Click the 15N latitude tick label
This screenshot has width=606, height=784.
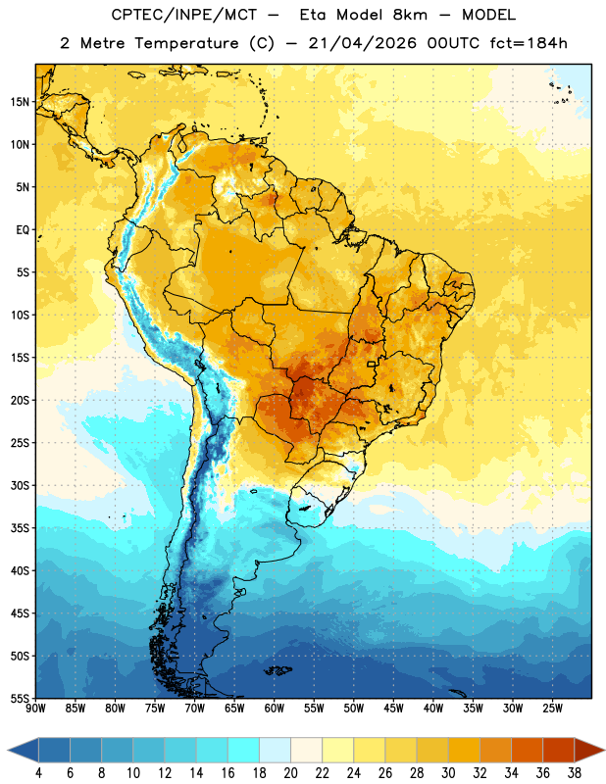click(20, 102)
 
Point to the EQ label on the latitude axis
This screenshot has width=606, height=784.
click(23, 230)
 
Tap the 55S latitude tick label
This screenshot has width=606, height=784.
click(20, 698)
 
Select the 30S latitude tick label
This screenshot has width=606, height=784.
click(20, 485)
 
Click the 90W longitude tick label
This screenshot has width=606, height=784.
click(35, 709)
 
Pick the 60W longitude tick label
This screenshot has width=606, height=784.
click(275, 709)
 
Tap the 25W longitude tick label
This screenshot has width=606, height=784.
click(553, 709)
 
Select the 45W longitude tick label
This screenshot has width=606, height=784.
click(394, 709)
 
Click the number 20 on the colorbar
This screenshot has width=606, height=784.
click(290, 773)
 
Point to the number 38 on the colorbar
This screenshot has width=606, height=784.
click(575, 773)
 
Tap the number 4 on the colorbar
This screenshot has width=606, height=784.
click(38, 773)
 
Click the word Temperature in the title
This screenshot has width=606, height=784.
click(186, 43)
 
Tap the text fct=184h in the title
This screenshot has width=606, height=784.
click(529, 43)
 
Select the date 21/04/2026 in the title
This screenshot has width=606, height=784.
click(362, 43)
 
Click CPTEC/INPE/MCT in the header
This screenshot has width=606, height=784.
click(183, 15)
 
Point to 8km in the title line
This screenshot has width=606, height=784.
click(410, 15)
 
